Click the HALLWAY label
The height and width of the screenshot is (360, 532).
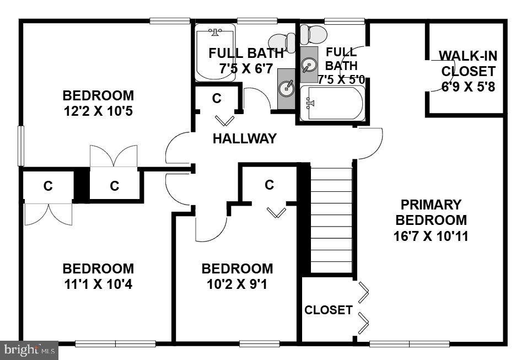[244, 139]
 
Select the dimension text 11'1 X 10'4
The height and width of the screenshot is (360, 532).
[98, 285]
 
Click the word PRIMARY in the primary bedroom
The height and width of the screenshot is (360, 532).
[431, 205]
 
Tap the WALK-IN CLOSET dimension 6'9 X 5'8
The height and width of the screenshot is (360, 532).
[467, 87]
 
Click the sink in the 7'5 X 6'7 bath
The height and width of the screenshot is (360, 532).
[287, 87]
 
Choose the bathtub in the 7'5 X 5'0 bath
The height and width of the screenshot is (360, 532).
[332, 103]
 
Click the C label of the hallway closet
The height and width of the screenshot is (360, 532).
[217, 98]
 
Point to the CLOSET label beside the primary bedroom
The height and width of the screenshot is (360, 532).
[329, 310]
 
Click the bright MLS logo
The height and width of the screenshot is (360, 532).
[29, 349]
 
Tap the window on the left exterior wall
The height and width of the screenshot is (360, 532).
[21, 146]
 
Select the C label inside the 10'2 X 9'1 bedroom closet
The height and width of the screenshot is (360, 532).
[269, 185]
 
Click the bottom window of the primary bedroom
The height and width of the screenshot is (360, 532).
[409, 344]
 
